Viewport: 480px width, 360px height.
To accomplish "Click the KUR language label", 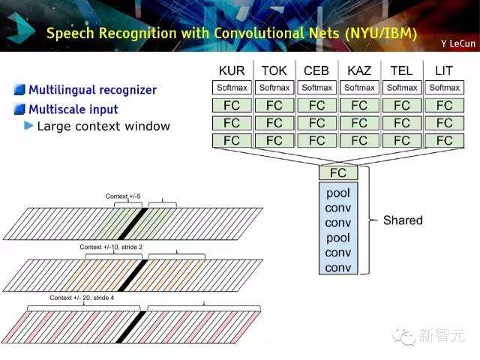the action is [232, 70].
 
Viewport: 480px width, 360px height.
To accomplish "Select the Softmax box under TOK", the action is [274, 88].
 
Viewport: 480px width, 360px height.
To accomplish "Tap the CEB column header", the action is [316, 70].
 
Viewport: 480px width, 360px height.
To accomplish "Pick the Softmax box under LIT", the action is [445, 88].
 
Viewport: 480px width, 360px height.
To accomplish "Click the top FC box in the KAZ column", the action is [359, 106].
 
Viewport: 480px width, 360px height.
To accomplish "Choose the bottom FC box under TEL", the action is [402, 140].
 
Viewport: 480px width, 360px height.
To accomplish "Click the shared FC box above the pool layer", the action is [338, 173].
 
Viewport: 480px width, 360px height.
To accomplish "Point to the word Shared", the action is [403, 220].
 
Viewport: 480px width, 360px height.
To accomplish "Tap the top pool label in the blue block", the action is [338, 193].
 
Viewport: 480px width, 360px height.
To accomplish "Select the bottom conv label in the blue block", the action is [338, 268].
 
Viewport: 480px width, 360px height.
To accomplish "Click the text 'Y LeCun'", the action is [458, 43].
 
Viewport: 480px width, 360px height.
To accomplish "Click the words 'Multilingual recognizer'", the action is [92, 90].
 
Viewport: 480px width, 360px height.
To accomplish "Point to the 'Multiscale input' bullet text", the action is [73, 109].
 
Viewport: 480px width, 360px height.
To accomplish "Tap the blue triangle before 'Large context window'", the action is [28, 125].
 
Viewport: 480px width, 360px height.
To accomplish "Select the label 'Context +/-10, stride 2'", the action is [111, 247].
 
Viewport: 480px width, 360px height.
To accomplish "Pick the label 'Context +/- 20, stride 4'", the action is [82, 298].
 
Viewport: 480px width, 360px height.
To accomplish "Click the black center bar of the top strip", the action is [133, 223].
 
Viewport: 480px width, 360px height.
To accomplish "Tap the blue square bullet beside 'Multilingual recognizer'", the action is [19, 90].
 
